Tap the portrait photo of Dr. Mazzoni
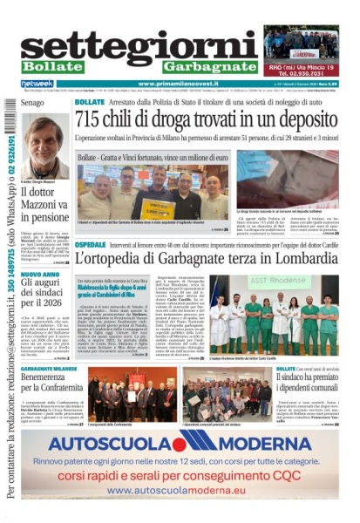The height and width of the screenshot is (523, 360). (x=44, y=144)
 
